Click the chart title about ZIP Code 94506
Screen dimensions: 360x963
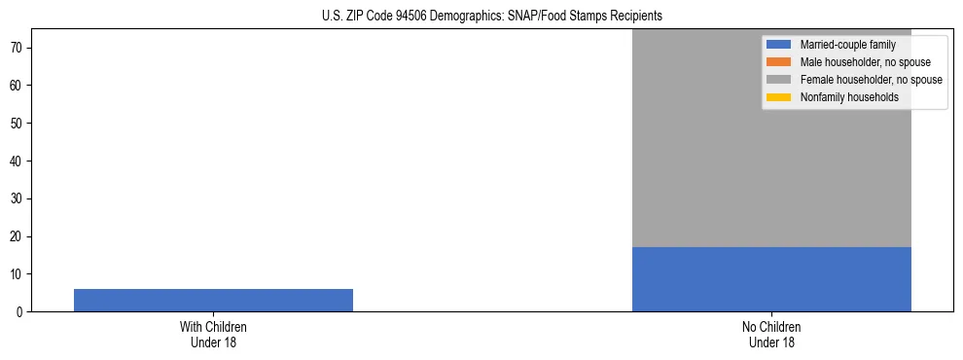(x=491, y=16)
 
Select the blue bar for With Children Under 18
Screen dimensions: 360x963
(x=213, y=300)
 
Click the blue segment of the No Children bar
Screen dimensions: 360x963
(x=771, y=279)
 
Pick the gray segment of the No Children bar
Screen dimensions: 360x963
(x=700, y=146)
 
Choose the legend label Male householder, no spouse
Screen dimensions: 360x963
(x=865, y=62)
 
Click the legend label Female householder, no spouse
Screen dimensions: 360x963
(x=871, y=80)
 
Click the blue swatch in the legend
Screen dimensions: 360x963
(x=779, y=45)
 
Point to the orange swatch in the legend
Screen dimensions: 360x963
(x=779, y=62)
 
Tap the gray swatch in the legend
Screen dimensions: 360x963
(x=779, y=80)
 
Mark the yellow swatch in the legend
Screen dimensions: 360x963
(x=779, y=97)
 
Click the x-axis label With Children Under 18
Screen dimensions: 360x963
(x=213, y=335)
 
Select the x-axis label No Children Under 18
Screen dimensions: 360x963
(x=771, y=335)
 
